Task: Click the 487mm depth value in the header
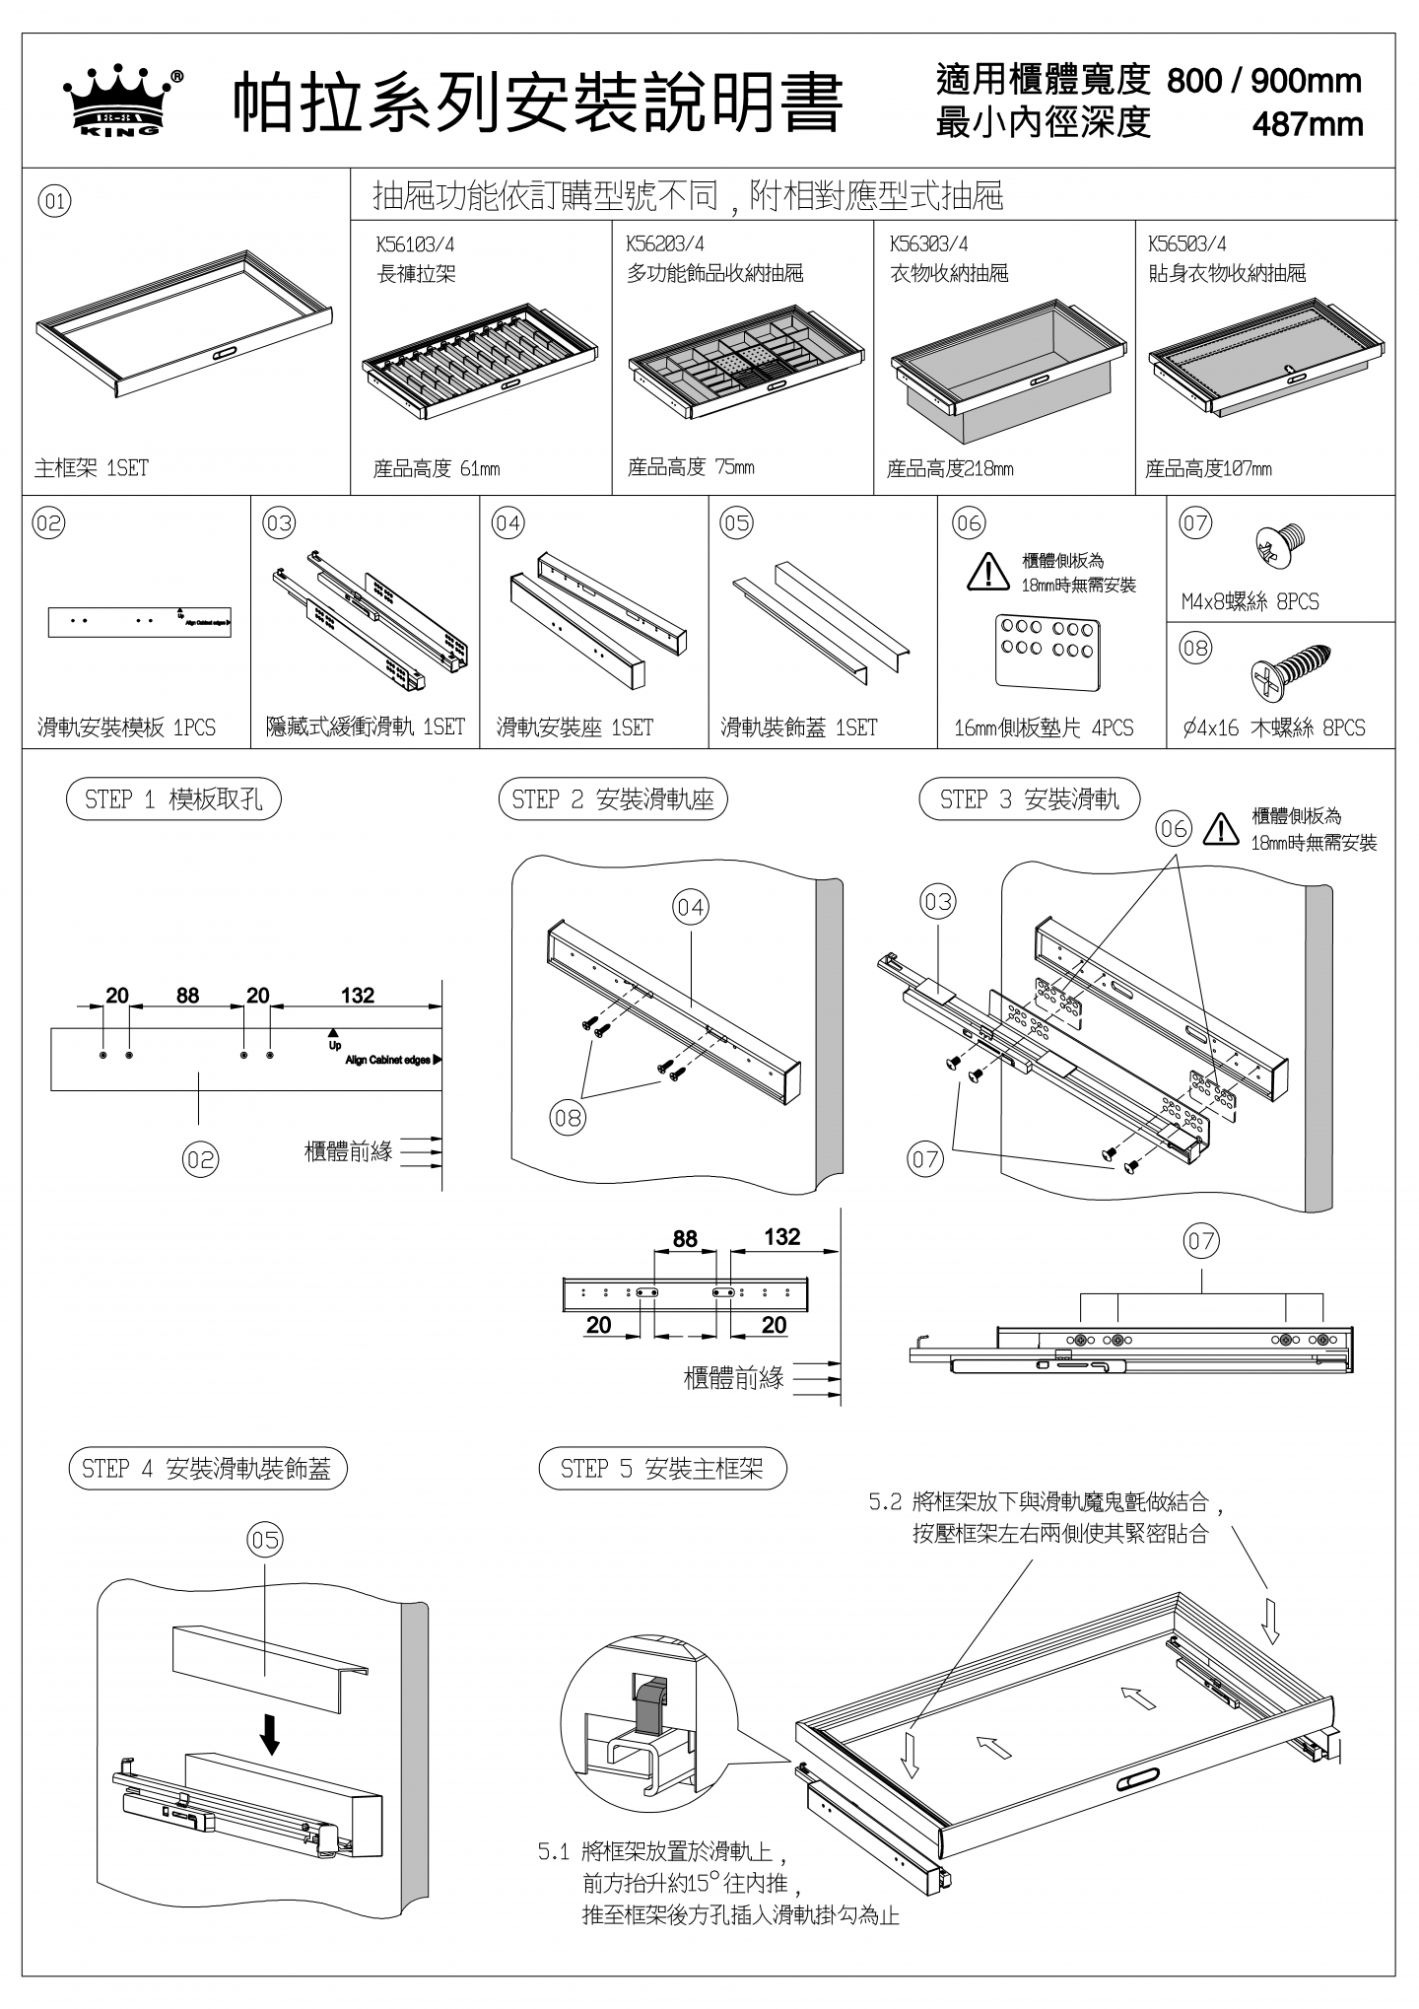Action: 1307,125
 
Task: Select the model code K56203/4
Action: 665,244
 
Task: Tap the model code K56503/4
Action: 1186,244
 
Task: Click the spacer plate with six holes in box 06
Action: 1047,654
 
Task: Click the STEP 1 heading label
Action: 173,799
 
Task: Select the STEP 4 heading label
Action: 207,1470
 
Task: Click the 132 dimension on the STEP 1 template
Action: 358,996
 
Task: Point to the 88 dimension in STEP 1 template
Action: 187,996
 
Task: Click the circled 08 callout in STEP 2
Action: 568,1118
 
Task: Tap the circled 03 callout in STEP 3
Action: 938,902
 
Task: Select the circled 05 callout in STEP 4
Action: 265,1540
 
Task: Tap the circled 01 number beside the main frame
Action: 54,202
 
